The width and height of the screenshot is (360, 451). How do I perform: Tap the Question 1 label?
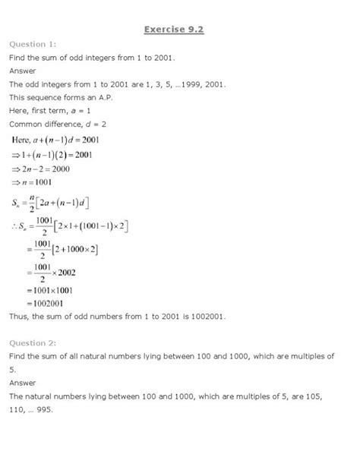point(33,45)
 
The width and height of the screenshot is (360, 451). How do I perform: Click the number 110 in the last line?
point(18,411)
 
